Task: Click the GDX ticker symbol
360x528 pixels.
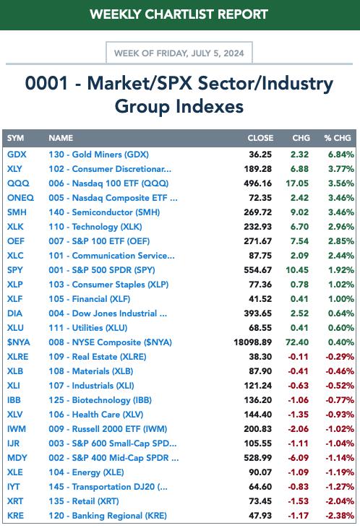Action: (x=17, y=155)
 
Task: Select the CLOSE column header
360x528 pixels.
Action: (x=260, y=138)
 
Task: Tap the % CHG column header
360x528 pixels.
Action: (x=338, y=138)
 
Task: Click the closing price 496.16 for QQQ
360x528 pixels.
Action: (x=257, y=183)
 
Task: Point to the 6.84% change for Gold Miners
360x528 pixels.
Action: (x=341, y=155)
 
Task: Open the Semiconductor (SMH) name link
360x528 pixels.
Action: (x=104, y=212)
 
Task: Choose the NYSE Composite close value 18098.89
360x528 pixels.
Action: (x=252, y=342)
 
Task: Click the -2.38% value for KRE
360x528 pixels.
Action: (x=340, y=516)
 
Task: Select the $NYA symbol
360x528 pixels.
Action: (x=19, y=342)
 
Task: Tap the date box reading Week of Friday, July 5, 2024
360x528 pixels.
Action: (x=179, y=53)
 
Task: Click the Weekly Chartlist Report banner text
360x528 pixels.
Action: (x=179, y=14)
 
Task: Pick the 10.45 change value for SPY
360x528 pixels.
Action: (x=297, y=270)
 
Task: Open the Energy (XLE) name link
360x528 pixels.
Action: (x=86, y=472)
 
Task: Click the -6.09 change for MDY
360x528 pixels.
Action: (x=298, y=458)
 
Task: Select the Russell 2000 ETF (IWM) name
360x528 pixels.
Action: (x=108, y=429)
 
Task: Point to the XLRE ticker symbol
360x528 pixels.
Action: (x=17, y=357)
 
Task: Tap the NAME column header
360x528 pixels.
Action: (x=61, y=138)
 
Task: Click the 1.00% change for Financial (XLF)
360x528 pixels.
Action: (x=341, y=299)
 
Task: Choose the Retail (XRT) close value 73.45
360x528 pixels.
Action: (x=260, y=501)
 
